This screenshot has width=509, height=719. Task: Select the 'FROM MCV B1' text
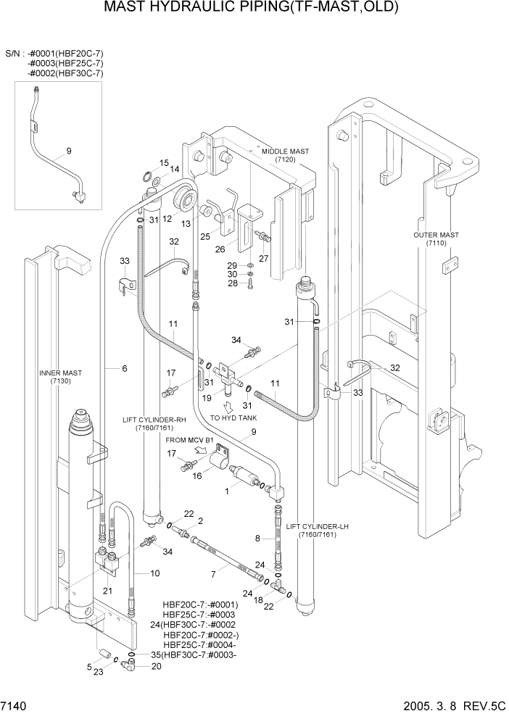pyautogui.click(x=190, y=440)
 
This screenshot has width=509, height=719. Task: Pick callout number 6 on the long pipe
pyautogui.click(x=124, y=369)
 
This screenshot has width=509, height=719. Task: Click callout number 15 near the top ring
pyautogui.click(x=164, y=162)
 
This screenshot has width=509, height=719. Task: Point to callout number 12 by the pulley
pyautogui.click(x=166, y=218)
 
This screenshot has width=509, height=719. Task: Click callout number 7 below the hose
pyautogui.click(x=213, y=575)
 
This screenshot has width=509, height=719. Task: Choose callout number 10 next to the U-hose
pyautogui.click(x=154, y=573)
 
